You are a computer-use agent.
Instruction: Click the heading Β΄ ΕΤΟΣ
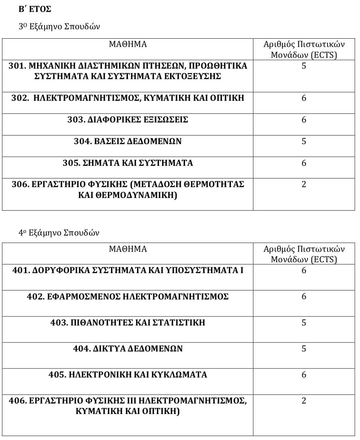point(35,9)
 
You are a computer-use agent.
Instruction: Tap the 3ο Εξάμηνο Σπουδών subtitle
point(59,27)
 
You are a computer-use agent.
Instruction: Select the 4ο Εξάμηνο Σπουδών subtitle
point(59,233)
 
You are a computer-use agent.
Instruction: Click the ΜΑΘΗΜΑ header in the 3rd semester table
point(128,44)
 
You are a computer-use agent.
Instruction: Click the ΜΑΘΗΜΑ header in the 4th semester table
point(128,249)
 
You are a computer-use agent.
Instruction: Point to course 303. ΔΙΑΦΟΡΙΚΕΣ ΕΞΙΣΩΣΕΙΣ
point(128,120)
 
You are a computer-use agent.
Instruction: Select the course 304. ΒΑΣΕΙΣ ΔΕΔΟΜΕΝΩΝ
point(128,142)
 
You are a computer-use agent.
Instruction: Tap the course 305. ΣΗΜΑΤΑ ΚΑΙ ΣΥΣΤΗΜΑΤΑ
point(128,163)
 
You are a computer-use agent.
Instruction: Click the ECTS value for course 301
point(304,66)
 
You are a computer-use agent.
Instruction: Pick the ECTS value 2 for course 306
point(304,185)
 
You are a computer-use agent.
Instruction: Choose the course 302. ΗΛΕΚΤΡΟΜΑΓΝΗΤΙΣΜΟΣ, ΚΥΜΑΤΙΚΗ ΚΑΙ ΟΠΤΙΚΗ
point(128,98)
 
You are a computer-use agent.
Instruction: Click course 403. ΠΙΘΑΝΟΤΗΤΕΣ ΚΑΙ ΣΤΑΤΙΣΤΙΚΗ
point(128,323)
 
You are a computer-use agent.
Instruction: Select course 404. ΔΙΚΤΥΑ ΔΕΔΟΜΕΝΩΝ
point(128,349)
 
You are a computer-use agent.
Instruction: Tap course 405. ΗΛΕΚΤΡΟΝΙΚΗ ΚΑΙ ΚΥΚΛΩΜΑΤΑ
point(128,375)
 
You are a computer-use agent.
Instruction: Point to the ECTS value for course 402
point(304,297)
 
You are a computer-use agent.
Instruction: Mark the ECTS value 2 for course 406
point(304,401)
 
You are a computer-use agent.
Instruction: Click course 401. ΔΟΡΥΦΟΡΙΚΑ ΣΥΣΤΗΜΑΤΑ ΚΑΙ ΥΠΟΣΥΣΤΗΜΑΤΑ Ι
point(128,271)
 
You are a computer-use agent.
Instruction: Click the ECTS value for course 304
point(304,142)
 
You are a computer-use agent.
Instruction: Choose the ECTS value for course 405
point(304,375)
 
